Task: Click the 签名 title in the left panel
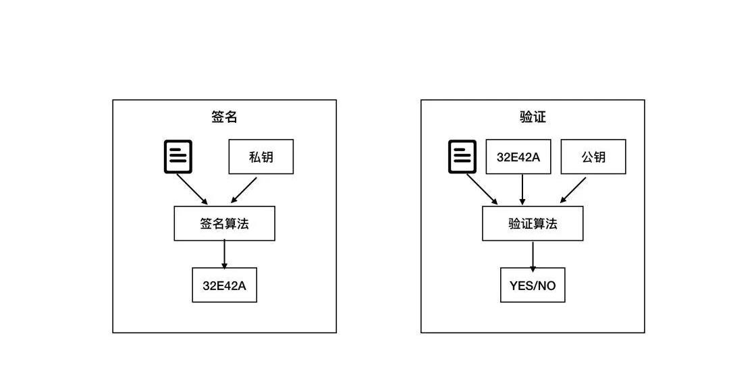click(x=224, y=117)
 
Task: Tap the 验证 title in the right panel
click(x=533, y=117)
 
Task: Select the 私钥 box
click(x=261, y=157)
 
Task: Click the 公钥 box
click(x=593, y=157)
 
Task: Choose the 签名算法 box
click(x=224, y=223)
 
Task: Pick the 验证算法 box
click(x=533, y=223)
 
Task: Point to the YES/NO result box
click(x=533, y=285)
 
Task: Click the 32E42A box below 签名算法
click(x=224, y=285)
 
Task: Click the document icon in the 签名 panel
click(x=178, y=157)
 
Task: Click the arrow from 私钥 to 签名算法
click(x=244, y=190)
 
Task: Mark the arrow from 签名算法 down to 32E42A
click(x=224, y=255)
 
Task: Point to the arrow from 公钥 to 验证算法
click(x=573, y=190)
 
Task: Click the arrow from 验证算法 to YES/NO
click(x=533, y=256)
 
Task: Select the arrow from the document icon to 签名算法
click(x=192, y=189)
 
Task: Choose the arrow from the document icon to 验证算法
click(x=481, y=189)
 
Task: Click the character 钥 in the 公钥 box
click(x=599, y=157)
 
